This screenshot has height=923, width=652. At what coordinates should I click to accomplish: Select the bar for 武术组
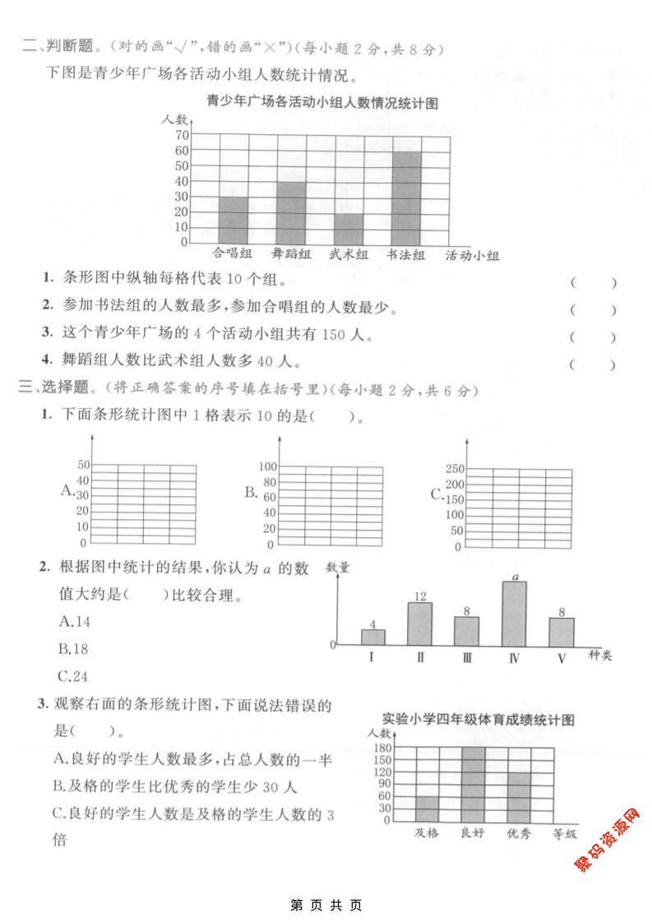[x=349, y=228]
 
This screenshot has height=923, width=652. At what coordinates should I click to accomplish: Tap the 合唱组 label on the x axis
[x=232, y=255]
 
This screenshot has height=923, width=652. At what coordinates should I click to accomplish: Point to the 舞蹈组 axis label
[x=291, y=255]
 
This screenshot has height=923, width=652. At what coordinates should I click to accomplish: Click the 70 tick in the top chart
[x=179, y=135]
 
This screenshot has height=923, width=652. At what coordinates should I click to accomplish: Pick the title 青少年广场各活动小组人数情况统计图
[x=321, y=103]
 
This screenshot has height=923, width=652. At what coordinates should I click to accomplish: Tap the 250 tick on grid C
[x=455, y=469]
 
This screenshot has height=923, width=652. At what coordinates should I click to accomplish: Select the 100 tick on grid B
[x=268, y=466]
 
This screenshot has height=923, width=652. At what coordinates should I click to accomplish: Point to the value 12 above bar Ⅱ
[x=420, y=596]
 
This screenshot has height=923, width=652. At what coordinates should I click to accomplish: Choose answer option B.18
[x=73, y=648]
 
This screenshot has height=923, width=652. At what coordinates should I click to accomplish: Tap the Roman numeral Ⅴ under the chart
[x=562, y=658]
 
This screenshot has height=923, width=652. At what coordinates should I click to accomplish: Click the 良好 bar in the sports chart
[x=473, y=783]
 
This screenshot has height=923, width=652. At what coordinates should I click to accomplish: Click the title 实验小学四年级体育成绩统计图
[x=478, y=720]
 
